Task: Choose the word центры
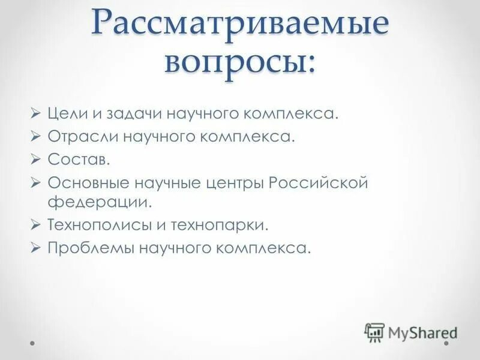click(235, 182)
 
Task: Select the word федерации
click(100, 202)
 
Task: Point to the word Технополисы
click(98, 225)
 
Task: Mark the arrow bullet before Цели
click(36, 114)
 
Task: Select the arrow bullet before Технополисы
click(36, 225)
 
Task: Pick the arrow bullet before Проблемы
click(36, 247)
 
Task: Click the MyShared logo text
click(422, 331)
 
